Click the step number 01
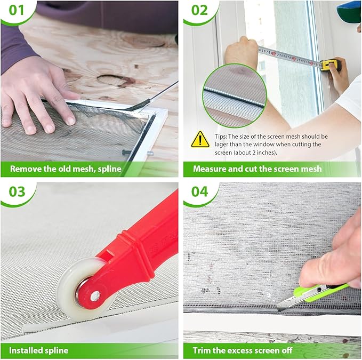coord(17,10)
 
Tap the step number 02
coord(199,10)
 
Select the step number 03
coord(17,191)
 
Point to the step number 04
coord(200,191)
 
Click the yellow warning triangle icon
coord(200,140)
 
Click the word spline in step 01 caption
coord(109,169)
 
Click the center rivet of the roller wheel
coord(95,297)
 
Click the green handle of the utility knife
coord(321,291)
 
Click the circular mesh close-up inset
coord(235,96)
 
